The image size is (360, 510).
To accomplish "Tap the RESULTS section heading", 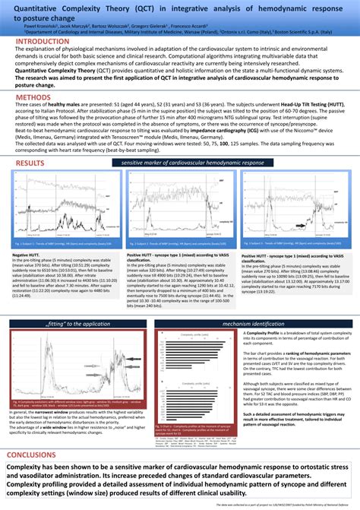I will click(x=30, y=163).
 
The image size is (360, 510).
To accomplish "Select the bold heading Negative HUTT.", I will click(x=27, y=255).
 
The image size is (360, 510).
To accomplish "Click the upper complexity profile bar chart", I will click(x=197, y=331).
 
